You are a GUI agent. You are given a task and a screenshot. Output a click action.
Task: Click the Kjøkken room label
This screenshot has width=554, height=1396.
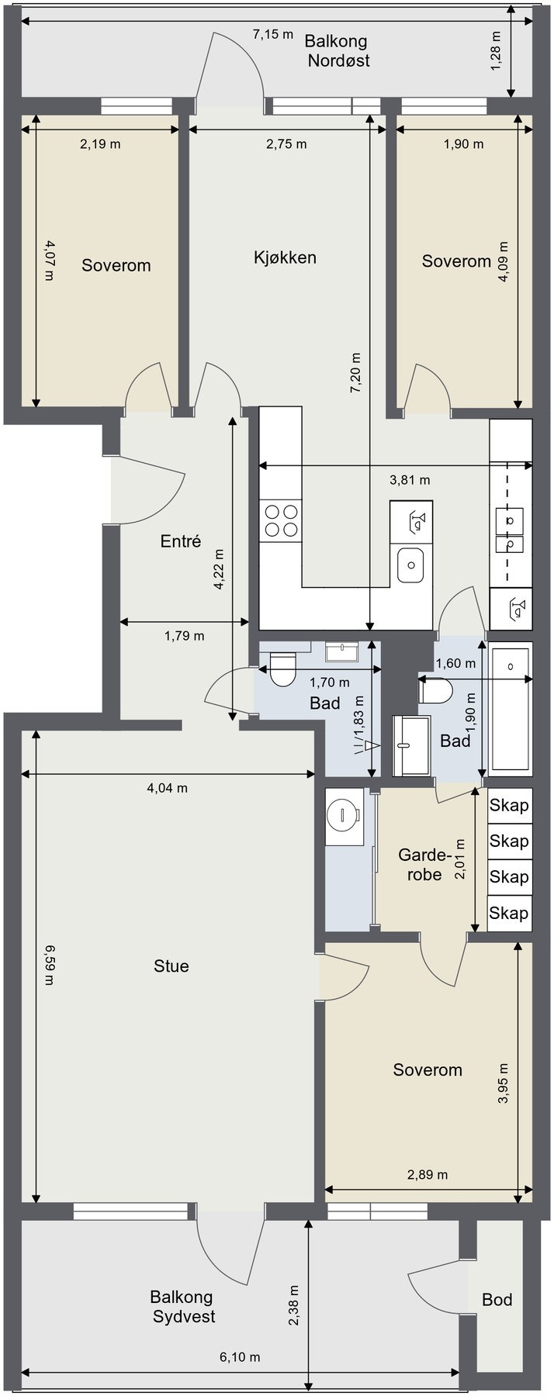click(285, 257)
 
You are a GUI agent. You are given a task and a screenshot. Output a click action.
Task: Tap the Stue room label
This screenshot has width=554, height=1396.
click(171, 966)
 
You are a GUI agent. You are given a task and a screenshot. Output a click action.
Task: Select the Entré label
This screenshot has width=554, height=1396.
click(181, 541)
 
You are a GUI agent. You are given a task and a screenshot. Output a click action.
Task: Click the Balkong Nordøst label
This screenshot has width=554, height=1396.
click(336, 50)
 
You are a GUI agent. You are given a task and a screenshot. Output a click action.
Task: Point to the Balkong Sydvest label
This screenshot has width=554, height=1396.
click(182, 1306)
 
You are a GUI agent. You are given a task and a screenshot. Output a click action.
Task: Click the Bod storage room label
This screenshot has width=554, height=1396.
click(497, 1299)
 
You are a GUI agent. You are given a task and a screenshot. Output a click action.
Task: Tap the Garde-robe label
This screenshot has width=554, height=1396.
click(424, 865)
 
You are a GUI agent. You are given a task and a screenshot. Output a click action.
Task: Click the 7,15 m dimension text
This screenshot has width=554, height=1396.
click(274, 34)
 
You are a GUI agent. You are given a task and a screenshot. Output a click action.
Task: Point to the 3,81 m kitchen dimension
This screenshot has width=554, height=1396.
click(410, 480)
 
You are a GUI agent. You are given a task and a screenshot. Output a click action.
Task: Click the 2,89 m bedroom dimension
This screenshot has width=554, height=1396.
click(428, 1175)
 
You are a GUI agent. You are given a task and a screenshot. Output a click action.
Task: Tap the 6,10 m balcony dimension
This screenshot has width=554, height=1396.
click(240, 1356)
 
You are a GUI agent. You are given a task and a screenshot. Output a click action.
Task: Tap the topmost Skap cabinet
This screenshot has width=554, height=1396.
click(510, 806)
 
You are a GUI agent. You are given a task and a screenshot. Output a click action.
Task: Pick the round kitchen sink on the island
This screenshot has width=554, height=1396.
click(410, 565)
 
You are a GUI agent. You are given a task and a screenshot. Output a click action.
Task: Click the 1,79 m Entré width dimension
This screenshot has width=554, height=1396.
click(185, 636)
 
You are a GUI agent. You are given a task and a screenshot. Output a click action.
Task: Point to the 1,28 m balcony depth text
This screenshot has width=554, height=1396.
click(497, 51)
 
